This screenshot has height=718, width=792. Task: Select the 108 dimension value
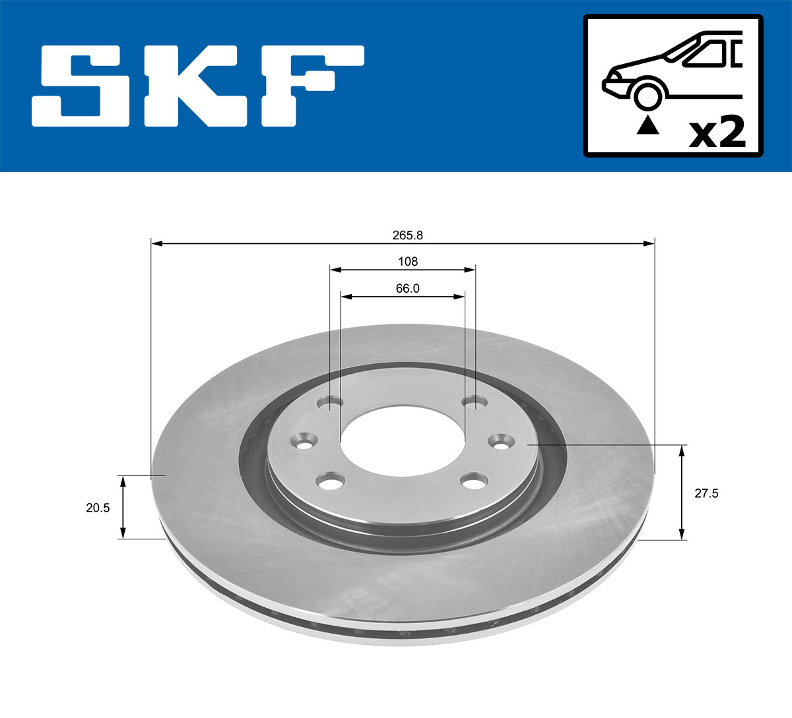pyautogui.click(x=407, y=262)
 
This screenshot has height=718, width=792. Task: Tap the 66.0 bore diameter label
pyautogui.click(x=407, y=288)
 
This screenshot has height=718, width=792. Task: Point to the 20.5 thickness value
pyautogui.click(x=98, y=507)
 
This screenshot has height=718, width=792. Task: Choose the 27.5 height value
pyautogui.click(x=706, y=493)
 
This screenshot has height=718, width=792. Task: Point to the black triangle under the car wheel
pyautogui.click(x=647, y=125)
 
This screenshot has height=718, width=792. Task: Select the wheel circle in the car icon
pyautogui.click(x=647, y=95)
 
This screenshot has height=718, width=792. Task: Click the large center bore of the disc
pyautogui.click(x=402, y=440)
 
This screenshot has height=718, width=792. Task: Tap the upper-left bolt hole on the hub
pyautogui.click(x=329, y=402)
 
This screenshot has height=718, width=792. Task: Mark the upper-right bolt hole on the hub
pyautogui.click(x=474, y=402)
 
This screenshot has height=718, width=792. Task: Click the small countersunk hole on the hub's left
pyautogui.click(x=304, y=441)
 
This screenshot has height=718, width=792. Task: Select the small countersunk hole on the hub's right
pyautogui.click(x=501, y=441)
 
